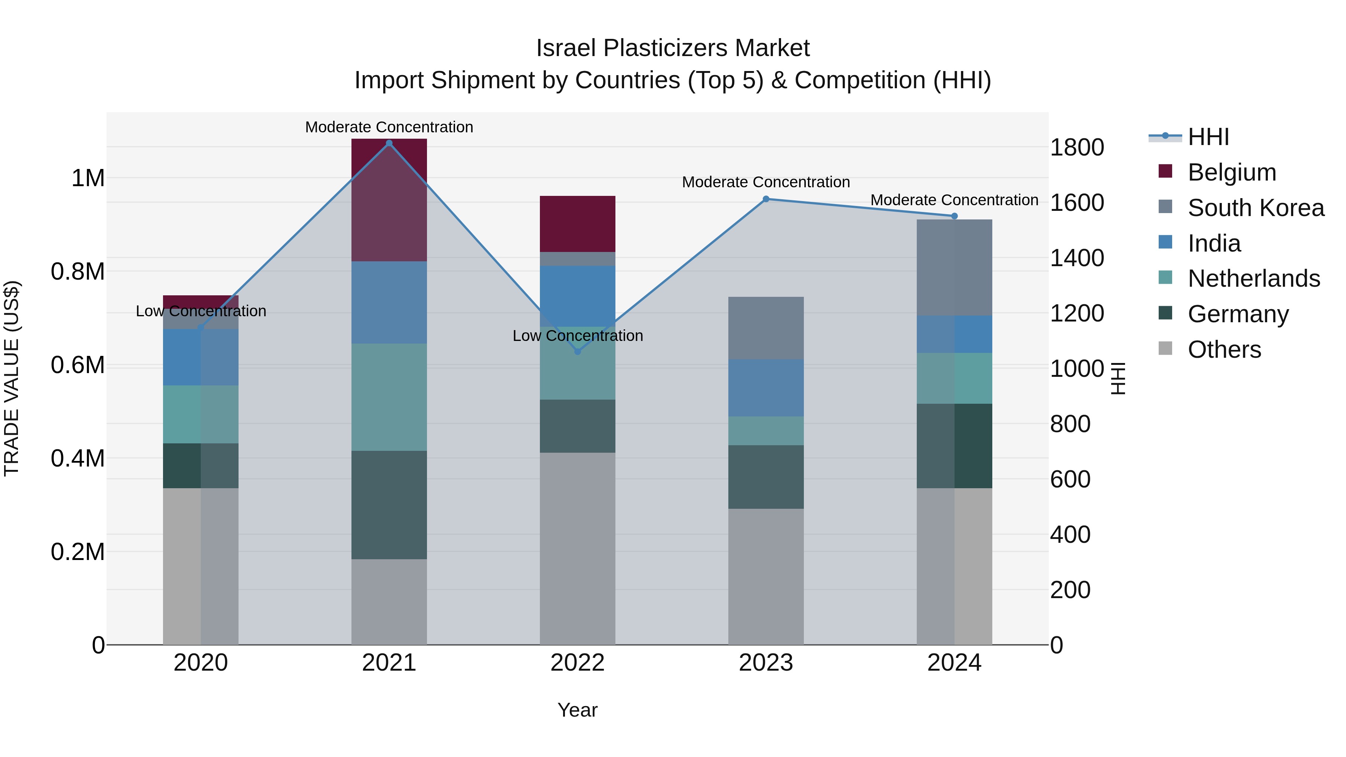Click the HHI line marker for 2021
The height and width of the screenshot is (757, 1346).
[389, 143]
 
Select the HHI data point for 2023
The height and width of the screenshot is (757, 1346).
[765, 199]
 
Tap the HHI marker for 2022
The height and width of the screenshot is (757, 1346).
[577, 352]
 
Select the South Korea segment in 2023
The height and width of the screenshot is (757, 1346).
[765, 328]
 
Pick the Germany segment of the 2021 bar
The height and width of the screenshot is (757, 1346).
[389, 505]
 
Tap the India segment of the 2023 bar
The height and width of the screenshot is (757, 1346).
[765, 388]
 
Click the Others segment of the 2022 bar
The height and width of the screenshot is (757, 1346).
[577, 548]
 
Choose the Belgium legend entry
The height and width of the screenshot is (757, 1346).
[1232, 172]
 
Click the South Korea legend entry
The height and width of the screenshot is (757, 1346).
[1256, 208]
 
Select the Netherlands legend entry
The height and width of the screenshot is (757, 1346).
[1254, 279]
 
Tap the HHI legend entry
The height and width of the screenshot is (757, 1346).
[1208, 137]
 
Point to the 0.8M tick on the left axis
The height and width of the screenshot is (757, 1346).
[78, 272]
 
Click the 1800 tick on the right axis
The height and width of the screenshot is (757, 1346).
[1077, 147]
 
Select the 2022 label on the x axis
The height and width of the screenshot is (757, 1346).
[577, 663]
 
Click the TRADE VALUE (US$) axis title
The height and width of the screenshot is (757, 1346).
[12, 378]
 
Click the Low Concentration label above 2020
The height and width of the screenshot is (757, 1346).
[201, 311]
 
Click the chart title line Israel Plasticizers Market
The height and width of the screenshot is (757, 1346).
[673, 48]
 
